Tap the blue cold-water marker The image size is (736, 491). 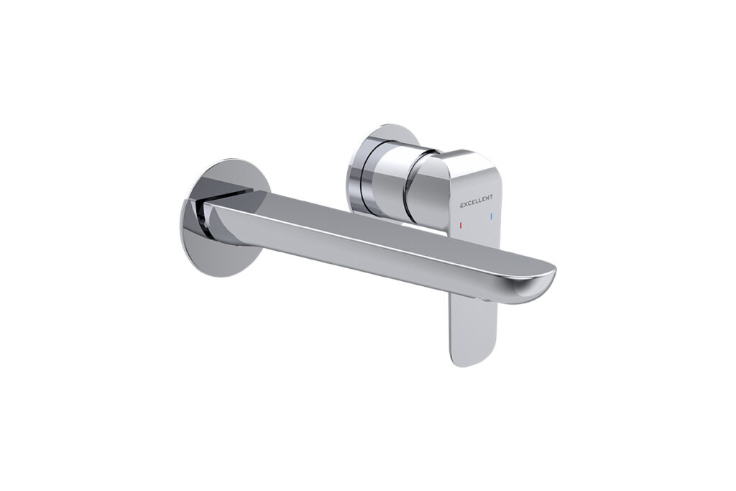491,216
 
